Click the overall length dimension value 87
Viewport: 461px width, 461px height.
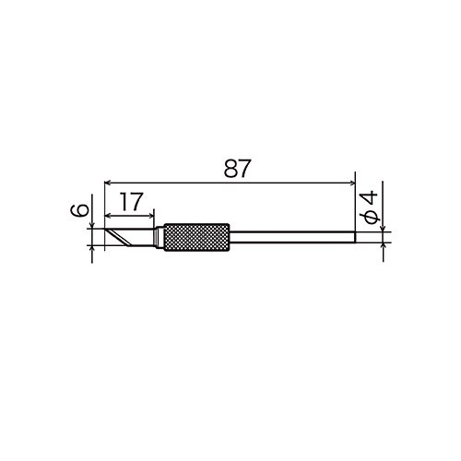237,169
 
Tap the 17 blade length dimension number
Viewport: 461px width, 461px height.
132,202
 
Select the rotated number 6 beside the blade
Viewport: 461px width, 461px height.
79,211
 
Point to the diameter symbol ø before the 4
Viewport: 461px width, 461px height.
372,218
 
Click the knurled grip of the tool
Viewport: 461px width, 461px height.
196,237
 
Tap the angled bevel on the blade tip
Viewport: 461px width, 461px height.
118,238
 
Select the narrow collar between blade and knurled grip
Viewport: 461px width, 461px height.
159,237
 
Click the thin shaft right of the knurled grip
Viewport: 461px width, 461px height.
292,237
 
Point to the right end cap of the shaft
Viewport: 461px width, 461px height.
355,237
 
